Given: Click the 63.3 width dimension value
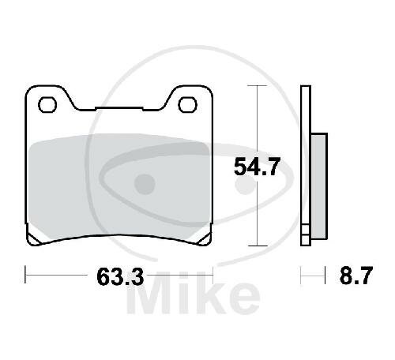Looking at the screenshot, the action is click(x=120, y=276).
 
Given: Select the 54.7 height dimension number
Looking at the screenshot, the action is click(x=257, y=167).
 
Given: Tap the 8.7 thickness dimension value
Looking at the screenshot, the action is click(x=356, y=276).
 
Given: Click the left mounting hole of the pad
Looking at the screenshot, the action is click(x=47, y=105).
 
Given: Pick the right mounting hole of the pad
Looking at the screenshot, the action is click(x=187, y=105).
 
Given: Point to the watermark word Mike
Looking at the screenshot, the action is click(x=194, y=293).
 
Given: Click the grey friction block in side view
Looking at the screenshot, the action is click(x=319, y=186).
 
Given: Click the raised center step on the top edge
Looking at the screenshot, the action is click(x=119, y=107).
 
